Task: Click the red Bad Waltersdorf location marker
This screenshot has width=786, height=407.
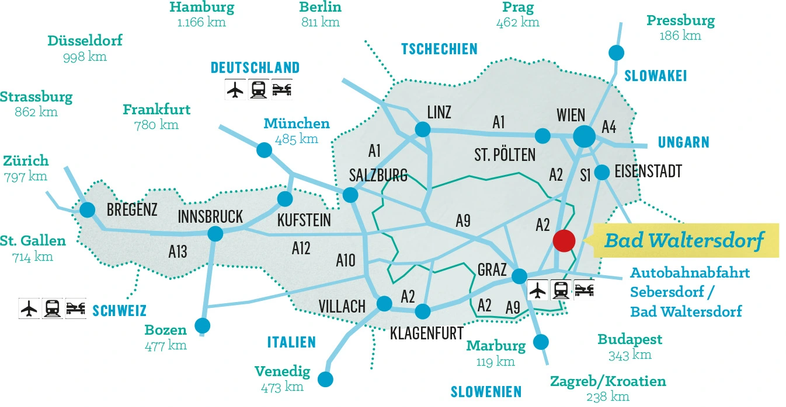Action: click(564, 240)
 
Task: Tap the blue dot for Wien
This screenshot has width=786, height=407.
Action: click(585, 136)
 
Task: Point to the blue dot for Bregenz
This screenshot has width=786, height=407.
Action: click(88, 209)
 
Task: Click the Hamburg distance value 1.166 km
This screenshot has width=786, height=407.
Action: click(201, 23)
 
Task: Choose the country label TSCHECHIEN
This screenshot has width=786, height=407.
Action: click(439, 49)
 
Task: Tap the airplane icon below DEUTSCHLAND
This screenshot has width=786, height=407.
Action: click(235, 89)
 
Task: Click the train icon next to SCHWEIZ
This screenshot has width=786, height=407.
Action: click(52, 308)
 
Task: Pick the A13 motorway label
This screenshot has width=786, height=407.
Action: click(178, 251)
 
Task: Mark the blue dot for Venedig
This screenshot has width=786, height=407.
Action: click(325, 380)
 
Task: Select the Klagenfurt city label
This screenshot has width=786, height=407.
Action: click(426, 333)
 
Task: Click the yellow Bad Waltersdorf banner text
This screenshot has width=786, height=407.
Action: click(684, 240)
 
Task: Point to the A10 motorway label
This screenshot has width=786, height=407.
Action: click(346, 260)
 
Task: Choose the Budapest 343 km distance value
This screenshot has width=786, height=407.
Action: click(630, 355)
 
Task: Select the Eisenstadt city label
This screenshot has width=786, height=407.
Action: click(648, 171)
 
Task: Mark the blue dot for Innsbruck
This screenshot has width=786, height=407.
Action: click(215, 234)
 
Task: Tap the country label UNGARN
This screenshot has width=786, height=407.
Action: click(683, 142)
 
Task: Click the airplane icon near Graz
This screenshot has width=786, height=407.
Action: click(537, 289)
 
